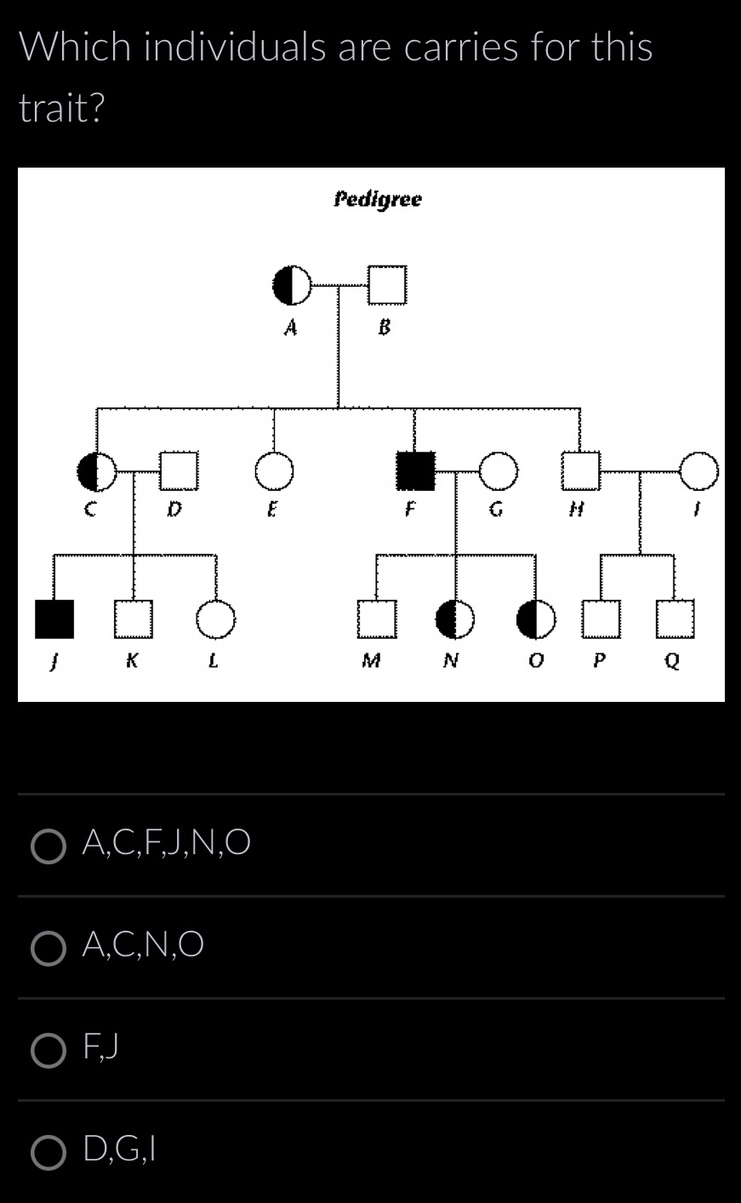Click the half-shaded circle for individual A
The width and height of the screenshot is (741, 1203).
(x=291, y=284)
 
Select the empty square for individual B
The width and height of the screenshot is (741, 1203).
(x=387, y=284)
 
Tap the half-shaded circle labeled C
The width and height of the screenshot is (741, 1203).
(x=97, y=471)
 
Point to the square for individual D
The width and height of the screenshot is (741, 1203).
(x=179, y=471)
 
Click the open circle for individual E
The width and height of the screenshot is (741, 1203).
(x=274, y=471)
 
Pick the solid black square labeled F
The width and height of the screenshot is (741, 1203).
(x=415, y=471)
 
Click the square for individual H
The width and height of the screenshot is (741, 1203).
(x=580, y=471)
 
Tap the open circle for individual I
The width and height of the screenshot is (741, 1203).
(x=699, y=471)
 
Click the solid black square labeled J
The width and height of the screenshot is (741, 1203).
(x=54, y=619)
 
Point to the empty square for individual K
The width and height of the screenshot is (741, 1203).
(x=133, y=619)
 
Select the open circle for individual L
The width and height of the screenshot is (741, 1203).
(x=215, y=619)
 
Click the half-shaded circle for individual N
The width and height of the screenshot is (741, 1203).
(x=455, y=619)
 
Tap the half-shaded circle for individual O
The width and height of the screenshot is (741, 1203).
(x=536, y=619)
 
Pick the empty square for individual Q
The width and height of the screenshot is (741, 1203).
(x=675, y=619)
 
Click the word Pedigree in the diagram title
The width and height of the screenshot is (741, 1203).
(x=377, y=200)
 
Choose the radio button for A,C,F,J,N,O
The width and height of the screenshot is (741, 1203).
(x=48, y=846)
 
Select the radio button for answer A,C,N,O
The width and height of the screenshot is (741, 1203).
(x=48, y=948)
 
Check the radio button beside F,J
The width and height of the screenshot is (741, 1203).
(x=48, y=1050)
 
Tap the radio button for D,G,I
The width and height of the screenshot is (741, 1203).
(x=48, y=1152)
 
